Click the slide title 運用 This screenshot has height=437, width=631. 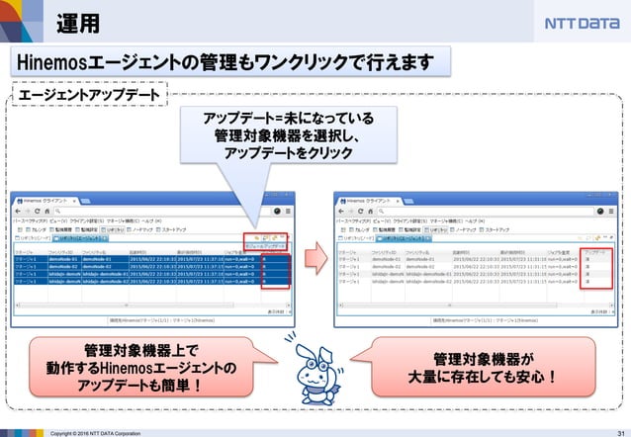(x=77, y=22)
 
